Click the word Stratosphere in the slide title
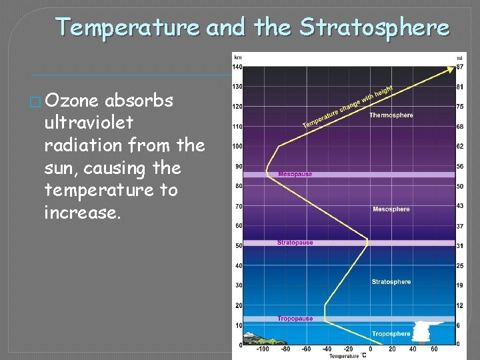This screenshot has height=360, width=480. click(374, 27)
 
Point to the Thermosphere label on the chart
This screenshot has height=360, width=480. click(391, 115)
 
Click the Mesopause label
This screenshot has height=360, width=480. click(295, 174)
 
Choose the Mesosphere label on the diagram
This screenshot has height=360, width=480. click(391, 209)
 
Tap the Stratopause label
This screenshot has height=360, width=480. click(295, 243)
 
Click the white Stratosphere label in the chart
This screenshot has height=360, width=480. click(391, 282)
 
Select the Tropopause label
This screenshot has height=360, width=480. click(295, 319)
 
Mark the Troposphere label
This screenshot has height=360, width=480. click(391, 333)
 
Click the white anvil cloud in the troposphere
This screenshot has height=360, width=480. click(423, 331)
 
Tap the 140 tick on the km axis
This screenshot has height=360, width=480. click(237, 67)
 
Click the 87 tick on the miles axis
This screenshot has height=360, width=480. click(460, 67)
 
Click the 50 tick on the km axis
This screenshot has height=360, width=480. click(238, 246)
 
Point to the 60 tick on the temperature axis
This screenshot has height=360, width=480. click(434, 349)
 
